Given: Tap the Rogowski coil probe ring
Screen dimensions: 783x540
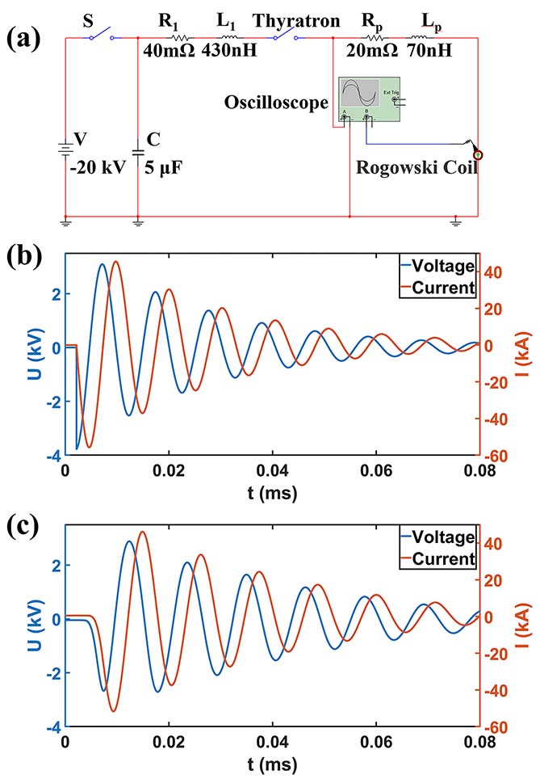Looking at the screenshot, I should [478, 154].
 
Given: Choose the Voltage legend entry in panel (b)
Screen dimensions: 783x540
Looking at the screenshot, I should [442, 264].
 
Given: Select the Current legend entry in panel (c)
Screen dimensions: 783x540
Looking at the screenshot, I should [442, 558].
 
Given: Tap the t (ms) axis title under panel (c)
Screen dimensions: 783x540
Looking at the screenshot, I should [272, 764].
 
